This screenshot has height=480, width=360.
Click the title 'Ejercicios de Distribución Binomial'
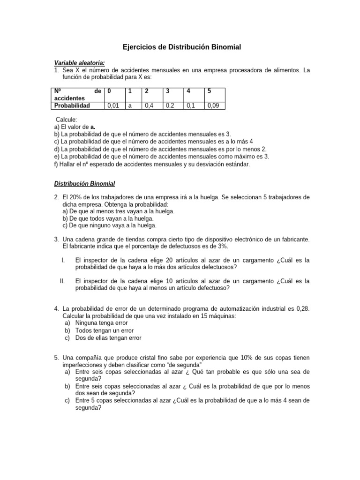pyautogui.click(x=182, y=47)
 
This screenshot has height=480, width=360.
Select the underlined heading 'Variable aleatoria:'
pyautogui.click(x=79, y=63)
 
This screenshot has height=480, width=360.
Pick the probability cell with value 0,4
pyautogui.click(x=149, y=106)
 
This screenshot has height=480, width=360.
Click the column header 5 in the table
pyautogui.click(x=210, y=91)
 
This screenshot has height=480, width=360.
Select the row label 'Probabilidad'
pyautogui.click(x=72, y=106)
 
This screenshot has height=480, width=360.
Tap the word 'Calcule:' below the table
pyautogui.click(x=67, y=120)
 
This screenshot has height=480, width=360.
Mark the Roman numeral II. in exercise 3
pyautogui.click(x=62, y=281)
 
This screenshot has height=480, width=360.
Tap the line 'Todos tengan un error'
pyautogui.click(x=104, y=330)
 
